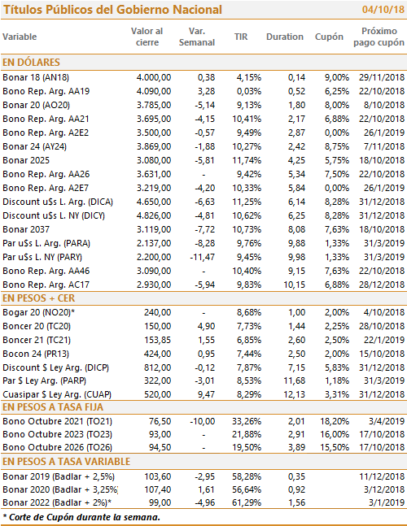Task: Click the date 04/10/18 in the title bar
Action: coord(383,10)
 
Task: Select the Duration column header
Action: coord(285,37)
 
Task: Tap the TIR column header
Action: coord(241,37)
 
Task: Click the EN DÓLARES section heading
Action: coord(31,63)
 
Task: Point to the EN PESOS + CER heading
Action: coord(38,298)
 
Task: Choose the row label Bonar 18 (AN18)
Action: coord(36,77)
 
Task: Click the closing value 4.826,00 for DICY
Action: coord(154,215)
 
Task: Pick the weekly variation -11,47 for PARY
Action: coord(203,257)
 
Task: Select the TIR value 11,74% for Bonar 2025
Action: coord(247,160)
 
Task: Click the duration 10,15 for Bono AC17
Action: coord(295,285)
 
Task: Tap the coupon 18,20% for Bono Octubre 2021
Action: coord(335,421)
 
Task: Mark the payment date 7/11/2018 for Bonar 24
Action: coord(384,146)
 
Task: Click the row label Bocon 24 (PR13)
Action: coord(36,354)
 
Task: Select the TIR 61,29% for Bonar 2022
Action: coord(247,502)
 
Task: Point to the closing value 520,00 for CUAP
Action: coord(157,394)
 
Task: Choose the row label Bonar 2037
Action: coord(26,229)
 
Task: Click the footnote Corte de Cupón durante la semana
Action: coord(81,517)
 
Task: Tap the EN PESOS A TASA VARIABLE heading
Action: coord(66,462)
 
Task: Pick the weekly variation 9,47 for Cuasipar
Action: coord(206,394)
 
